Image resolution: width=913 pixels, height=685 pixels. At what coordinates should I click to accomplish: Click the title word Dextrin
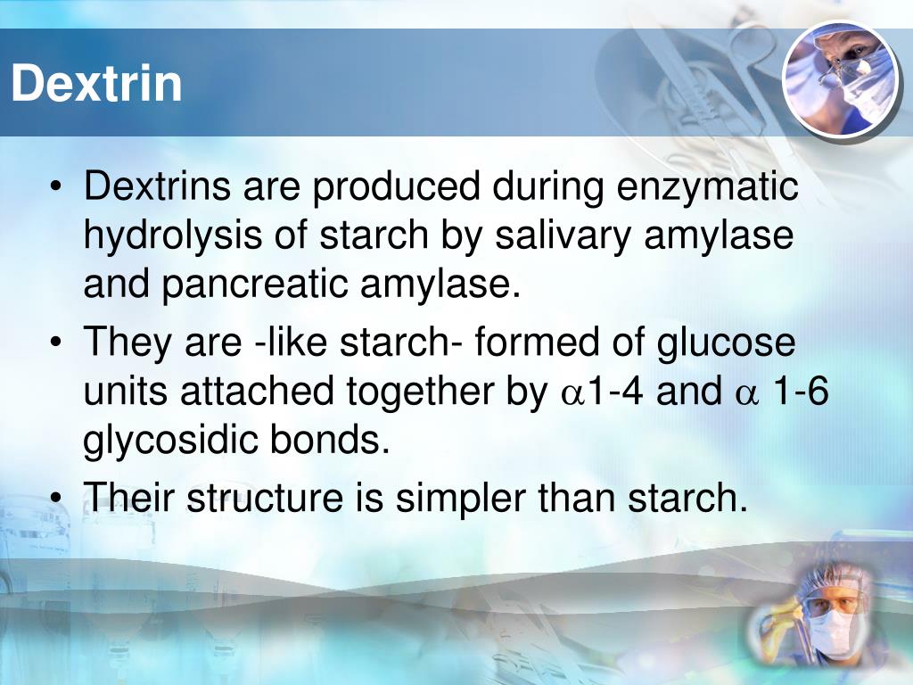pos(96,84)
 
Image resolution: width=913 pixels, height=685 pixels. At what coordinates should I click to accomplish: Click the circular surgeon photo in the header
pos(839,78)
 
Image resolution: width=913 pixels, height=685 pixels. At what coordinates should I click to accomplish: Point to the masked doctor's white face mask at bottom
pos(834,629)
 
